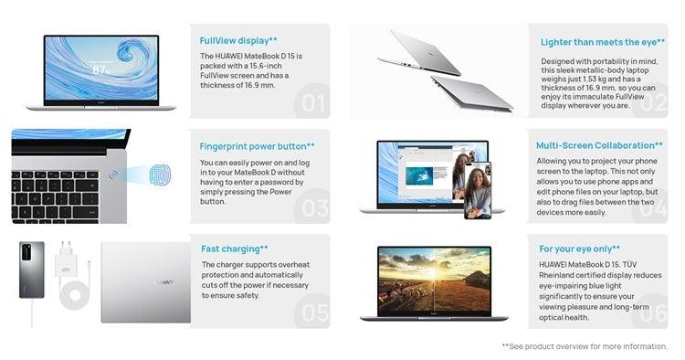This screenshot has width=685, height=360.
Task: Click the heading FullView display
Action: (x=238, y=40)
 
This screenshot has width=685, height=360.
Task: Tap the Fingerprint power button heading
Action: (x=257, y=145)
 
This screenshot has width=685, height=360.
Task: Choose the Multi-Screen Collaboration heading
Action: (x=599, y=145)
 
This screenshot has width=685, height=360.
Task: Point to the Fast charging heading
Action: (x=235, y=249)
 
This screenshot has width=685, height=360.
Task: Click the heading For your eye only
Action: (x=580, y=249)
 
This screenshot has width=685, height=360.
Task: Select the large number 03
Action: (x=313, y=207)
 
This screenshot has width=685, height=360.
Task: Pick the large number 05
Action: (x=313, y=312)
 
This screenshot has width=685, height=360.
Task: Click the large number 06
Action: (x=652, y=312)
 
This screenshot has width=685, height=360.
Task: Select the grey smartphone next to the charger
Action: (x=32, y=270)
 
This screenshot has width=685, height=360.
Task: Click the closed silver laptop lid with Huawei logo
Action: (x=145, y=281)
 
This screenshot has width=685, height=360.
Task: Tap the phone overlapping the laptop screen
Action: (x=477, y=190)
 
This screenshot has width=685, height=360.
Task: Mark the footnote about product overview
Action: (x=585, y=346)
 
